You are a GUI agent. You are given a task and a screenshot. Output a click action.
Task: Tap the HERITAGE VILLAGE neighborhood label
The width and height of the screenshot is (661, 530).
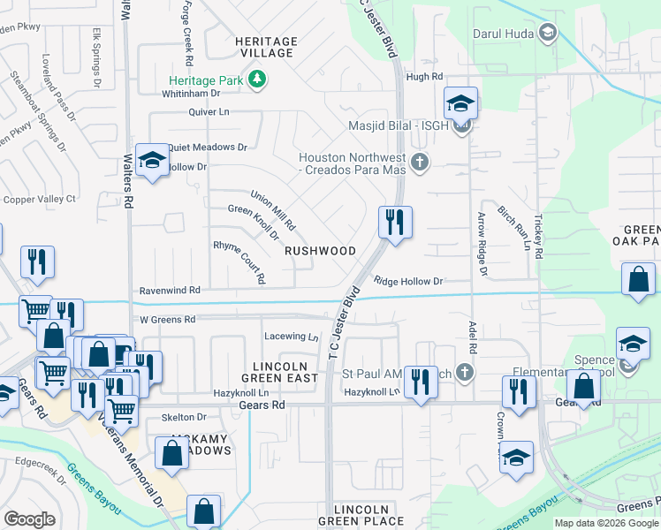265,48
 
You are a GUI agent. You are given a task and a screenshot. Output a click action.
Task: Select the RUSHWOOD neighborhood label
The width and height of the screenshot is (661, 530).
320,251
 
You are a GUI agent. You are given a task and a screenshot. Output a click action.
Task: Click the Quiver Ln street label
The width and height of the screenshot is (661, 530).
209,112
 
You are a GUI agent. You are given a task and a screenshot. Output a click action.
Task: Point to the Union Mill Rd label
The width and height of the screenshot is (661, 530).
272,209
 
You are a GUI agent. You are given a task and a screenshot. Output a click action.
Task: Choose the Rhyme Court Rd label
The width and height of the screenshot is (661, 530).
239,261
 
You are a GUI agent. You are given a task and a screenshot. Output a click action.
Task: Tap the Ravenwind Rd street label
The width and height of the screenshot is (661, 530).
169,290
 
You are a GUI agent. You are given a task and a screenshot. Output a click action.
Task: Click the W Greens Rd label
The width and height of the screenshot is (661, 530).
166,319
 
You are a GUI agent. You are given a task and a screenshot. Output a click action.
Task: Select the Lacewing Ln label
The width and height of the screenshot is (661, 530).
291,337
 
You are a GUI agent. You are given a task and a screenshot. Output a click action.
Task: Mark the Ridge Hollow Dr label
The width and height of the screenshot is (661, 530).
407,282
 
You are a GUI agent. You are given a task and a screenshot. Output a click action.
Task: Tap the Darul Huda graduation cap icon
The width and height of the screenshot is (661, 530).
548,34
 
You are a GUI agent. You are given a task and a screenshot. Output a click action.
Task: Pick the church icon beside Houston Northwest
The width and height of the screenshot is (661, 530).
420,163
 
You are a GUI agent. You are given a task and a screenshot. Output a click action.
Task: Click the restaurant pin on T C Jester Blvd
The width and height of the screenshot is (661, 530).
395,221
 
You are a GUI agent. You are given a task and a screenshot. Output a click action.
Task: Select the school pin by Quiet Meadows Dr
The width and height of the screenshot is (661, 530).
153,161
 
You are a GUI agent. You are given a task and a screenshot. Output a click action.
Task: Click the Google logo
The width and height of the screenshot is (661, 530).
29,519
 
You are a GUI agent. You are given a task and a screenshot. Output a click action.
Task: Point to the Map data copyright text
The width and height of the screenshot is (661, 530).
606,523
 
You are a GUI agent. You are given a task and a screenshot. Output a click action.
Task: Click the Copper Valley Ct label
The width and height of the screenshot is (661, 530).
40,200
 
